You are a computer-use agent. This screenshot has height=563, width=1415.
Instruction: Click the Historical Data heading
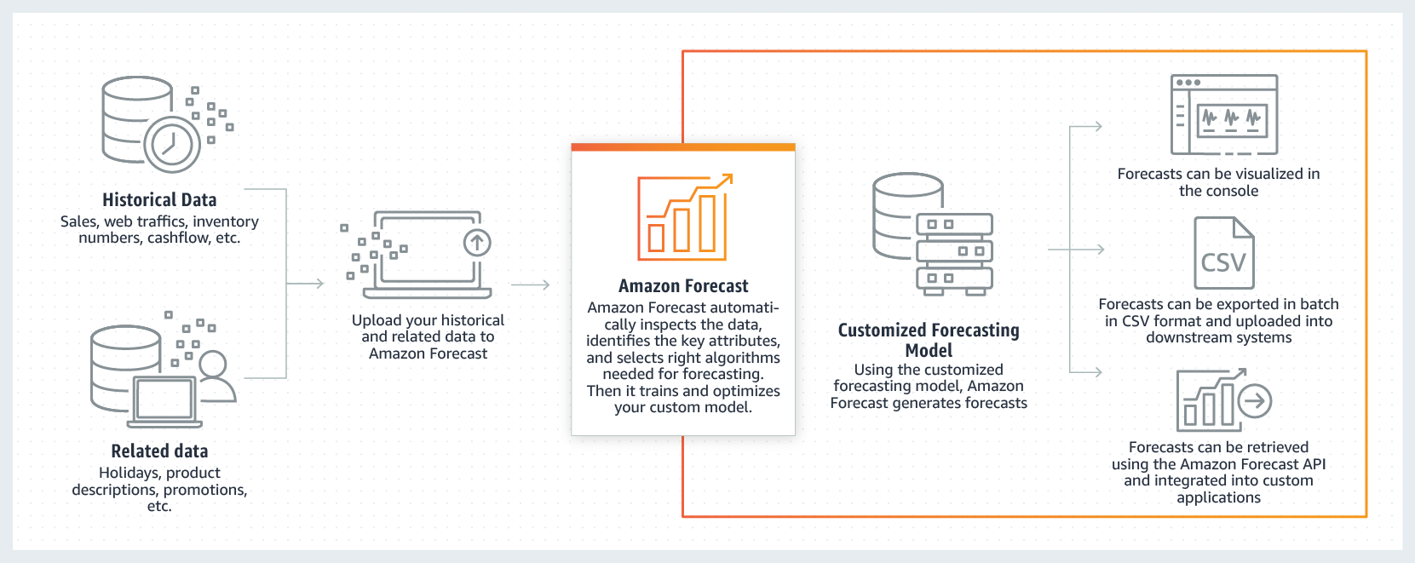159,200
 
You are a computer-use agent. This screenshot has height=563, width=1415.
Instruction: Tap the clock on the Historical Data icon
171,144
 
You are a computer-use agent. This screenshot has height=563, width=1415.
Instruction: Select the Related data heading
159,451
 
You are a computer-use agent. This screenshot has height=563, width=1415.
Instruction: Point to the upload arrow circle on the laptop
477,243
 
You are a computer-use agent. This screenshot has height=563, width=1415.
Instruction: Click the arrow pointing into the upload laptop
307,284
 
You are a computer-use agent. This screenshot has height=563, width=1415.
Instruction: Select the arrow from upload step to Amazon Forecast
531,284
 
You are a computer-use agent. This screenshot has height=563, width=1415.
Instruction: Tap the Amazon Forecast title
683,286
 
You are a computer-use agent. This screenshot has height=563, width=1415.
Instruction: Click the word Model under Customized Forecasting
929,351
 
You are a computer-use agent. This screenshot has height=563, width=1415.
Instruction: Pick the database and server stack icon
934,234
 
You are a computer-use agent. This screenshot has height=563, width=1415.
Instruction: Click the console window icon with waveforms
1224,114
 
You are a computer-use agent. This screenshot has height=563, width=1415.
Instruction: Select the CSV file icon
1224,253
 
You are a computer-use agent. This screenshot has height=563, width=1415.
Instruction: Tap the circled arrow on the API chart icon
1255,400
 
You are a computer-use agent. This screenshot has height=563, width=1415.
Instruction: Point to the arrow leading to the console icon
1087,127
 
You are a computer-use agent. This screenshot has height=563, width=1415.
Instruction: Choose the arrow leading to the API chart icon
1087,371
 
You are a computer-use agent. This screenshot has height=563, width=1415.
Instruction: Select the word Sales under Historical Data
78,221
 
